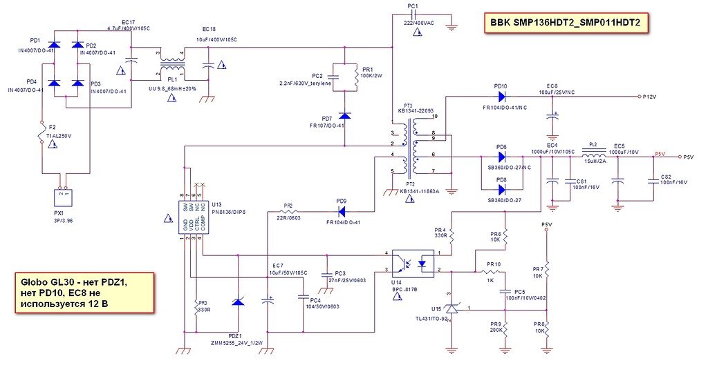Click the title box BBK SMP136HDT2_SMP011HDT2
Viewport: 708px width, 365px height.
[566, 23]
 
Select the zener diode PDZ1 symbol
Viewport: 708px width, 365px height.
[238, 301]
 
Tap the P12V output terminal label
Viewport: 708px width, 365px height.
[649, 98]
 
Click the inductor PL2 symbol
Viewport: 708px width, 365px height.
[593, 157]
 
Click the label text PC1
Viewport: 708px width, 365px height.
[413, 6]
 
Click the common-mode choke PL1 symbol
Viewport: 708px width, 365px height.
[171, 64]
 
